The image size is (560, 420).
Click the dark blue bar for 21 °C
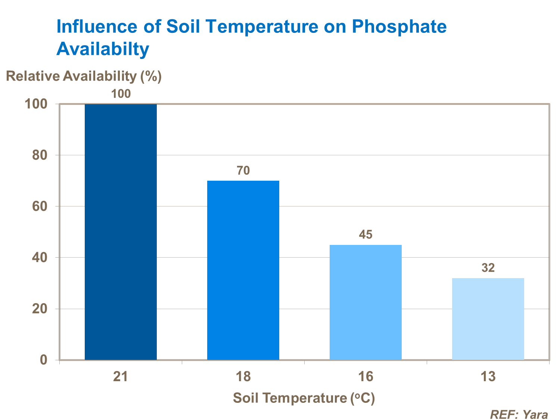coord(121,231)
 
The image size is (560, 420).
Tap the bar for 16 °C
coord(365,302)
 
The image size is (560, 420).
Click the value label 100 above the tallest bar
coord(121,94)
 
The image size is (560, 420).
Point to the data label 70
coord(243,171)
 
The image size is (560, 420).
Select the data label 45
coord(365,234)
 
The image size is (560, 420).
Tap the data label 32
coord(488,268)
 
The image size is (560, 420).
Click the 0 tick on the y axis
coord(44,360)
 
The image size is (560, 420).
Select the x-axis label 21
coord(121,377)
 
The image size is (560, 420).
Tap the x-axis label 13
coord(488,377)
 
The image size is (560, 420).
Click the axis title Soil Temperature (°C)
coord(304,398)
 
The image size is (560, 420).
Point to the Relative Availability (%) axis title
coord(84,76)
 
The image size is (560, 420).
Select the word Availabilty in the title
coord(103,49)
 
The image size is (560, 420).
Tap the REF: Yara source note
coord(519,414)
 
